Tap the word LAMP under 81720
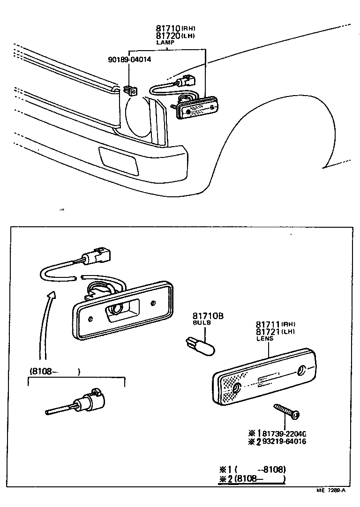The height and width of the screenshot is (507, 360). click(165, 42)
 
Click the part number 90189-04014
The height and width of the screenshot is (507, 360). click(129, 60)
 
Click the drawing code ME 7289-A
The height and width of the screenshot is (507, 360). click(330, 491)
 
